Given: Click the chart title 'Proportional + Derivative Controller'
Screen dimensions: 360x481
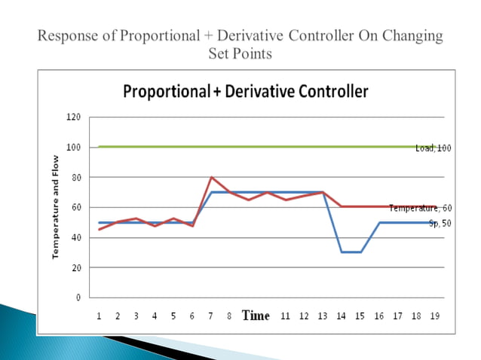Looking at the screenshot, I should tap(246, 92).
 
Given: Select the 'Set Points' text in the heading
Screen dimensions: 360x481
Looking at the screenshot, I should tap(240, 53).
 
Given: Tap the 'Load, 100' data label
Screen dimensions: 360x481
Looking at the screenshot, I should tap(433, 148).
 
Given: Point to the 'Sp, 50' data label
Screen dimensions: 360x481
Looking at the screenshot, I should tap(440, 223).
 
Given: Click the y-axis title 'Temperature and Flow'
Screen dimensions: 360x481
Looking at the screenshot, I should tap(55, 207).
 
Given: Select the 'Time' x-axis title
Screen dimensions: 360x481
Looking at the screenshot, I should tap(256, 316).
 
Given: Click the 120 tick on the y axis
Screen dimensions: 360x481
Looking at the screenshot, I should tap(73, 117).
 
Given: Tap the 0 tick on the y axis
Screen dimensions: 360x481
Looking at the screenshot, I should tap(78, 297).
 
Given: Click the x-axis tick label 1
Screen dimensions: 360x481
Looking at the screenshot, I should tap(100, 316).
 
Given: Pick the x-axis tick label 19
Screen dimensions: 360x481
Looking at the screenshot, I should tap(434, 316).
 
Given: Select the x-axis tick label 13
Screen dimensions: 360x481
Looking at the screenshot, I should tap(323, 316).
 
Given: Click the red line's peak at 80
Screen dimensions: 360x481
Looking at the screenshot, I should tap(211, 178).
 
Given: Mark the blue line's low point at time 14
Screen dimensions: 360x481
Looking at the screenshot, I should tap(342, 252).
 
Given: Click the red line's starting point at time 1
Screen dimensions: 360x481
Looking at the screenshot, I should tap(100, 230).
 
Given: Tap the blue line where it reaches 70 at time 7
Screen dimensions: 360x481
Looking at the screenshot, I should tap(211, 192).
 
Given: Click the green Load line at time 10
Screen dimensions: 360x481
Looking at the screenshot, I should tap(267, 147).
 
